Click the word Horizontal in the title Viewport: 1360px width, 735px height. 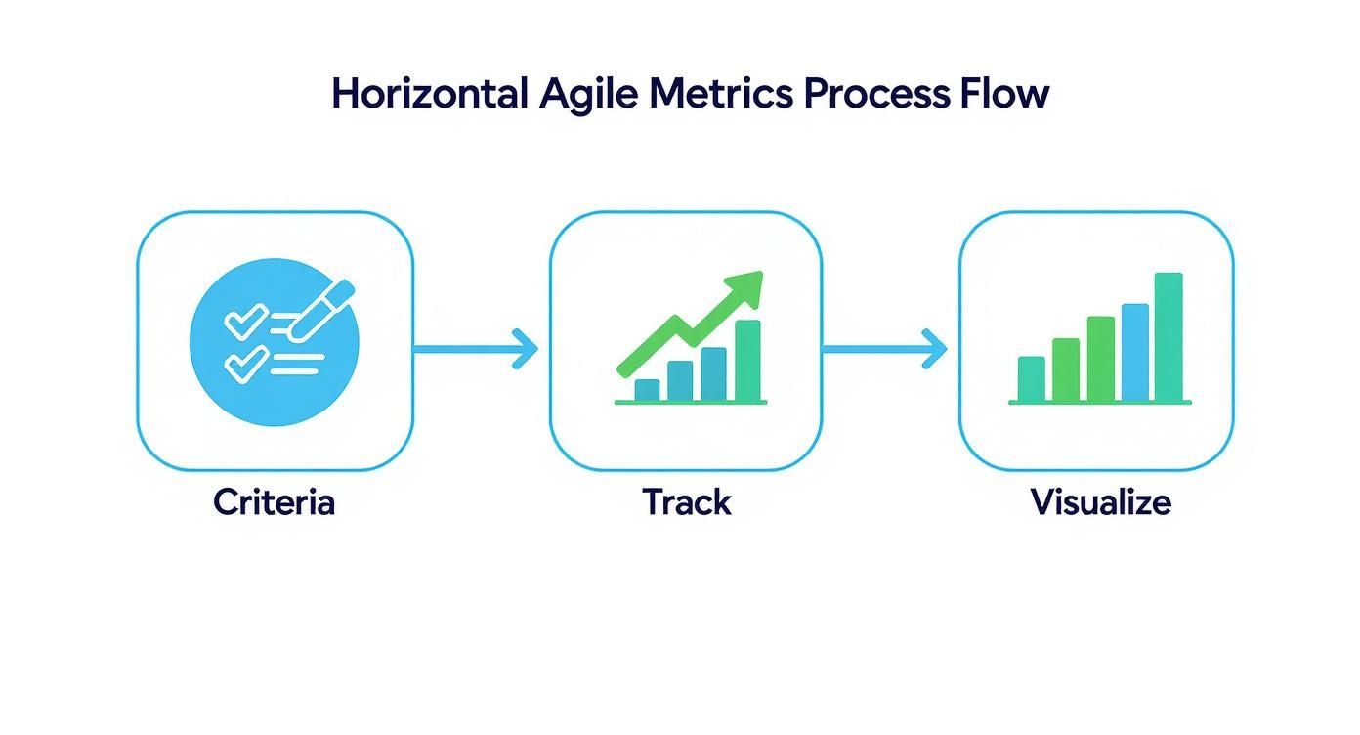tap(429, 94)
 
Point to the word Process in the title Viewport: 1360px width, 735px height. tap(875, 94)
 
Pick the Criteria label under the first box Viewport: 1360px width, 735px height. tap(274, 502)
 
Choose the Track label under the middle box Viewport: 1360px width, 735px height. tap(687, 502)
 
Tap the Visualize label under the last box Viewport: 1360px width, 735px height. tap(1100, 502)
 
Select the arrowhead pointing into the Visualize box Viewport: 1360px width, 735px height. tap(936, 348)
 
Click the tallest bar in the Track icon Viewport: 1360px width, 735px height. tap(747, 360)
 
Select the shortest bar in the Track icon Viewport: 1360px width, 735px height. tap(647, 390)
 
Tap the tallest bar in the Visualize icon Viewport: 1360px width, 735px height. tap(1169, 336)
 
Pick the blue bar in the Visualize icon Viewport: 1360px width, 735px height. tap(1134, 352)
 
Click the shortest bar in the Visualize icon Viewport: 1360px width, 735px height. tap(1031, 378)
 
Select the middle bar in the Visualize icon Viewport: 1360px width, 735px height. tap(1100, 358)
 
